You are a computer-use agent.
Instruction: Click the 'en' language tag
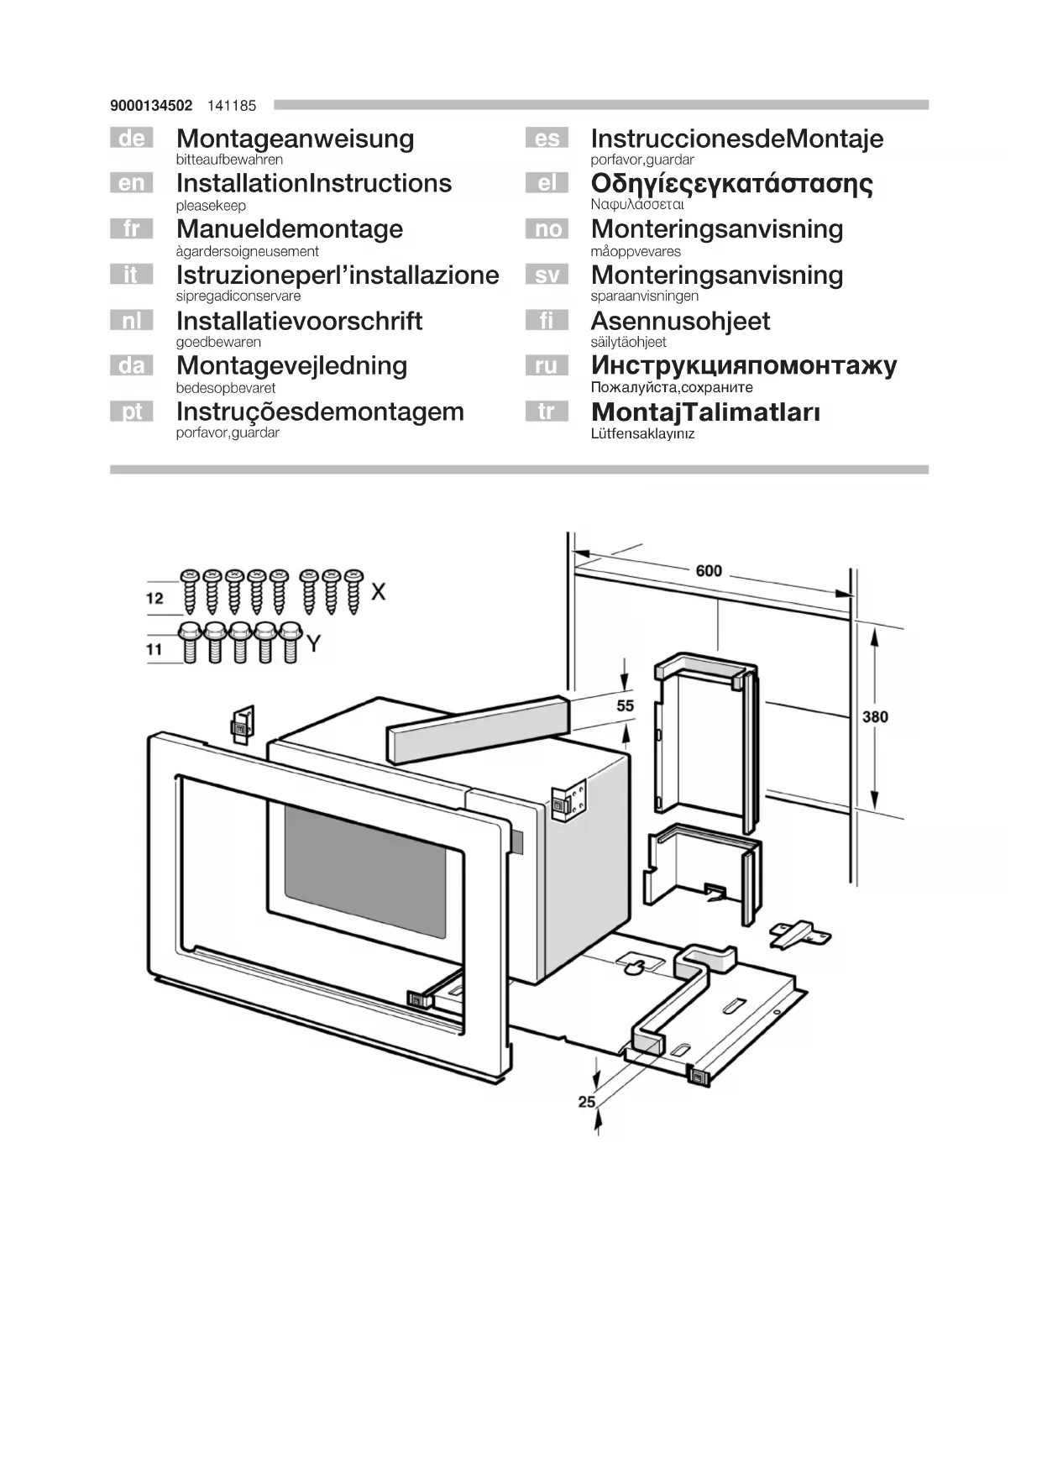131,183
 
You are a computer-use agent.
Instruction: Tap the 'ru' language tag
546,365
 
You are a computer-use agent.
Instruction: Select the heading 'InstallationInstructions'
313,183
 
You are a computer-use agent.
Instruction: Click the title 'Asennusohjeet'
679,321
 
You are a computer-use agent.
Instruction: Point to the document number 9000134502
151,106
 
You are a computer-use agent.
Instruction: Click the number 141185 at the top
232,106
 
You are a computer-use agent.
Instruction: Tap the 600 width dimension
708,570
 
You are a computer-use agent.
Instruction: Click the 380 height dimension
874,716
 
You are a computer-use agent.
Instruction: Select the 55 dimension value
626,705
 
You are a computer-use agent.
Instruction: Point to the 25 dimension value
586,1101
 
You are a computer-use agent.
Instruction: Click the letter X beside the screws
379,592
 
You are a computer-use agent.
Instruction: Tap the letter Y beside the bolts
313,644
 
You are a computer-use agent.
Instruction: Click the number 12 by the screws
154,598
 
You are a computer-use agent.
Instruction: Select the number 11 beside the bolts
154,649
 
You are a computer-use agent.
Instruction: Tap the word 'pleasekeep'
211,206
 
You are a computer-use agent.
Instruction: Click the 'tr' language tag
546,411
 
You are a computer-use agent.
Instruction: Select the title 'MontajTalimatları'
705,412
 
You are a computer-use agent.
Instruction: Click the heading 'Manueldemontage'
289,229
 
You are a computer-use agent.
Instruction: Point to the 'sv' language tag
546,275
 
